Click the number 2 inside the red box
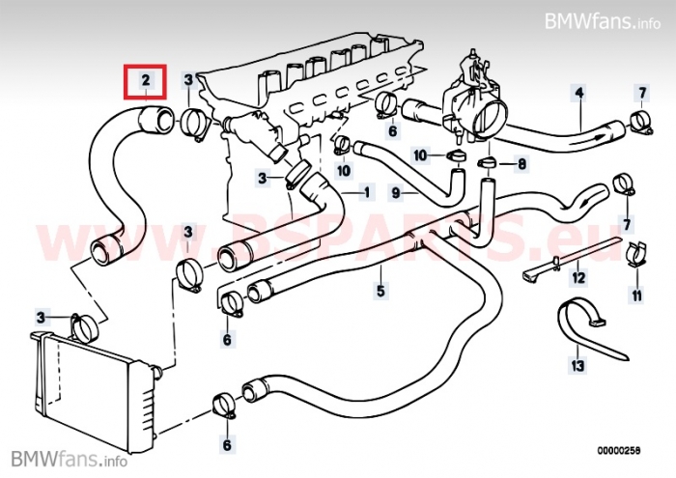(145, 81)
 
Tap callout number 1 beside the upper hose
(367, 192)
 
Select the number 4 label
(579, 94)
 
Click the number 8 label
(522, 164)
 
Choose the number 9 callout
(396, 193)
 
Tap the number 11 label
(636, 293)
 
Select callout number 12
(578, 279)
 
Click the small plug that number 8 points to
(487, 164)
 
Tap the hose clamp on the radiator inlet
(86, 324)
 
